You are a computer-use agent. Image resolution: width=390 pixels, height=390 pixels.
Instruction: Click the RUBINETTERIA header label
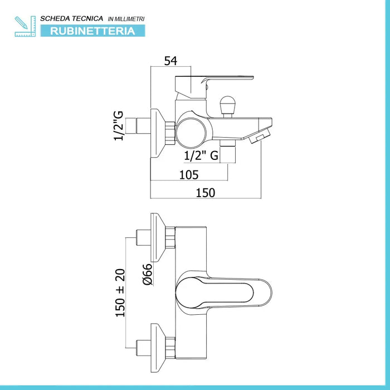(x=93, y=31)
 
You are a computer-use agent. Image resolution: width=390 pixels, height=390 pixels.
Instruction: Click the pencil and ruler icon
(x=25, y=26)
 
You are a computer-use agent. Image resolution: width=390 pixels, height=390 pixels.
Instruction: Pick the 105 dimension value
(x=189, y=174)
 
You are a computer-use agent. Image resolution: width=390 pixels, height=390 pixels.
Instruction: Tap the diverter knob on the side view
(x=227, y=105)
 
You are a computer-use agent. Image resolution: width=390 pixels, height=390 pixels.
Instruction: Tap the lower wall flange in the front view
(x=162, y=343)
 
